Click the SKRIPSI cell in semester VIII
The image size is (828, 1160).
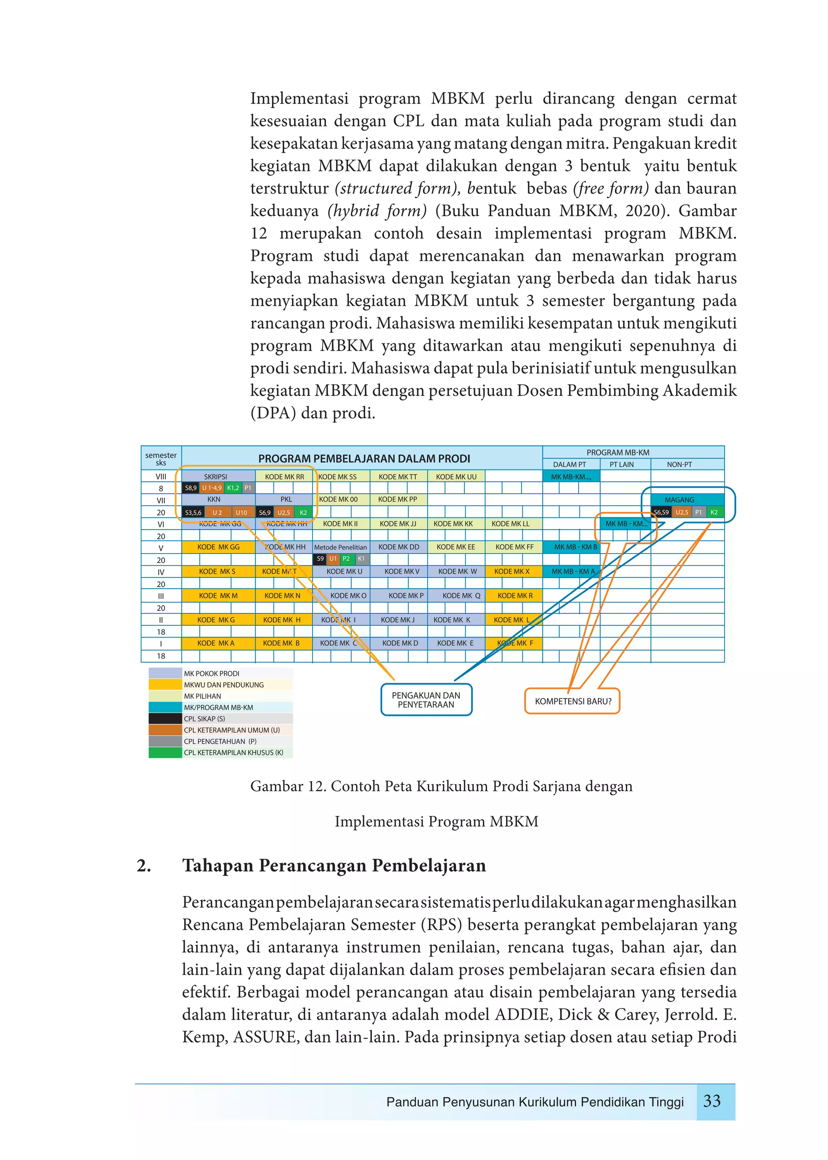click(x=215, y=476)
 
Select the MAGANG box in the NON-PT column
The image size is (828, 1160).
click(x=679, y=500)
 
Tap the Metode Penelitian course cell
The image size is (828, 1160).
click(x=340, y=547)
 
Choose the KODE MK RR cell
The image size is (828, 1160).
click(x=285, y=476)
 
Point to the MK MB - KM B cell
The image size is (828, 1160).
click(x=575, y=547)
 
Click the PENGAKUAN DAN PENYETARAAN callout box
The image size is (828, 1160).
click(x=426, y=699)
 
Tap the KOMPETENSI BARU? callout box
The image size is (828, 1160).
click(x=572, y=701)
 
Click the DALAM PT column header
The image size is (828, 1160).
click(x=570, y=465)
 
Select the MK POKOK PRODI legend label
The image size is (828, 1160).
click(x=211, y=674)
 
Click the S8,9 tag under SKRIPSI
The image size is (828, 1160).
click(x=191, y=488)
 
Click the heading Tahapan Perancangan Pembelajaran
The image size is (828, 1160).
click(x=334, y=865)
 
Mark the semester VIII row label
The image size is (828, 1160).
click(x=161, y=476)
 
